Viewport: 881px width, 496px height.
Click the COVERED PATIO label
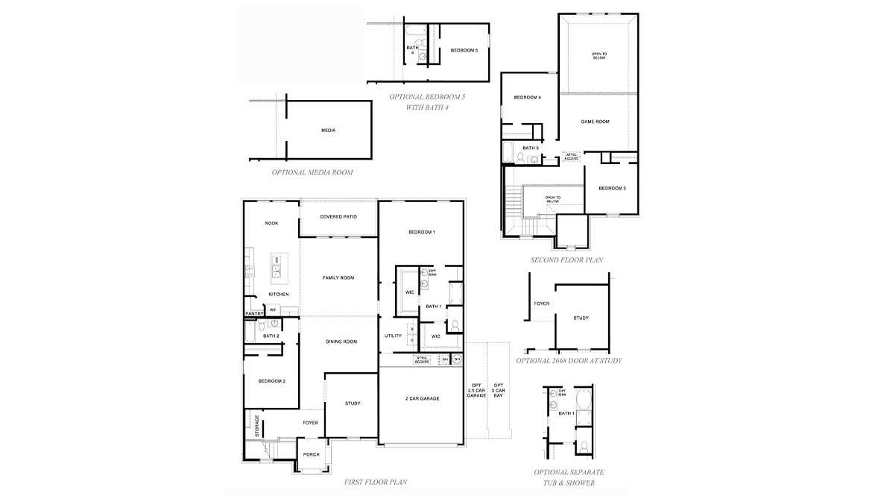pyautogui.click(x=338, y=217)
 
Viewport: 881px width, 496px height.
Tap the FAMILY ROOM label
pyautogui.click(x=338, y=278)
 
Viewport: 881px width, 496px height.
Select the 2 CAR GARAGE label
pyautogui.click(x=421, y=398)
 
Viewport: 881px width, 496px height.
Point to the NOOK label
pyautogui.click(x=271, y=223)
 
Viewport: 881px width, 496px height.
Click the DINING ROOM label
pyautogui.click(x=341, y=342)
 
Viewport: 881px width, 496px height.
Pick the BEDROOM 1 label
pyautogui.click(x=421, y=233)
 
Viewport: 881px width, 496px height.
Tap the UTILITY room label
pyautogui.click(x=393, y=336)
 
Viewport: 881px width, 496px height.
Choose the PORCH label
pyautogui.click(x=311, y=454)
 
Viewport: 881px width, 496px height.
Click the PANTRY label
pyautogui.click(x=254, y=313)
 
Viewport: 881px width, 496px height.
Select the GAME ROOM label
pyautogui.click(x=595, y=122)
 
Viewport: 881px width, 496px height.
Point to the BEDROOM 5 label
pyautogui.click(x=464, y=51)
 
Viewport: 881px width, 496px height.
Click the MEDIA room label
pyautogui.click(x=328, y=131)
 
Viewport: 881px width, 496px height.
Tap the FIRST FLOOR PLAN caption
pyautogui.click(x=376, y=483)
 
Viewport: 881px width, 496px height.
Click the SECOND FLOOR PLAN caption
pyautogui.click(x=566, y=260)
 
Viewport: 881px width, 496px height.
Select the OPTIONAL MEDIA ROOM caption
pyautogui.click(x=312, y=172)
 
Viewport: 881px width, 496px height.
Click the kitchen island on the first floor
pyautogui.click(x=277, y=267)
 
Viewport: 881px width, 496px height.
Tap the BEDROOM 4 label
pyautogui.click(x=527, y=98)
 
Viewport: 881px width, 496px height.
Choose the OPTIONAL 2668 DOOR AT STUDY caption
pyautogui.click(x=569, y=361)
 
